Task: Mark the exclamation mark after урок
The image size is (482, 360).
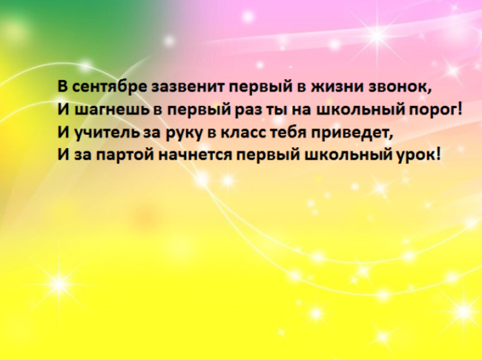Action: pos(437,153)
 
